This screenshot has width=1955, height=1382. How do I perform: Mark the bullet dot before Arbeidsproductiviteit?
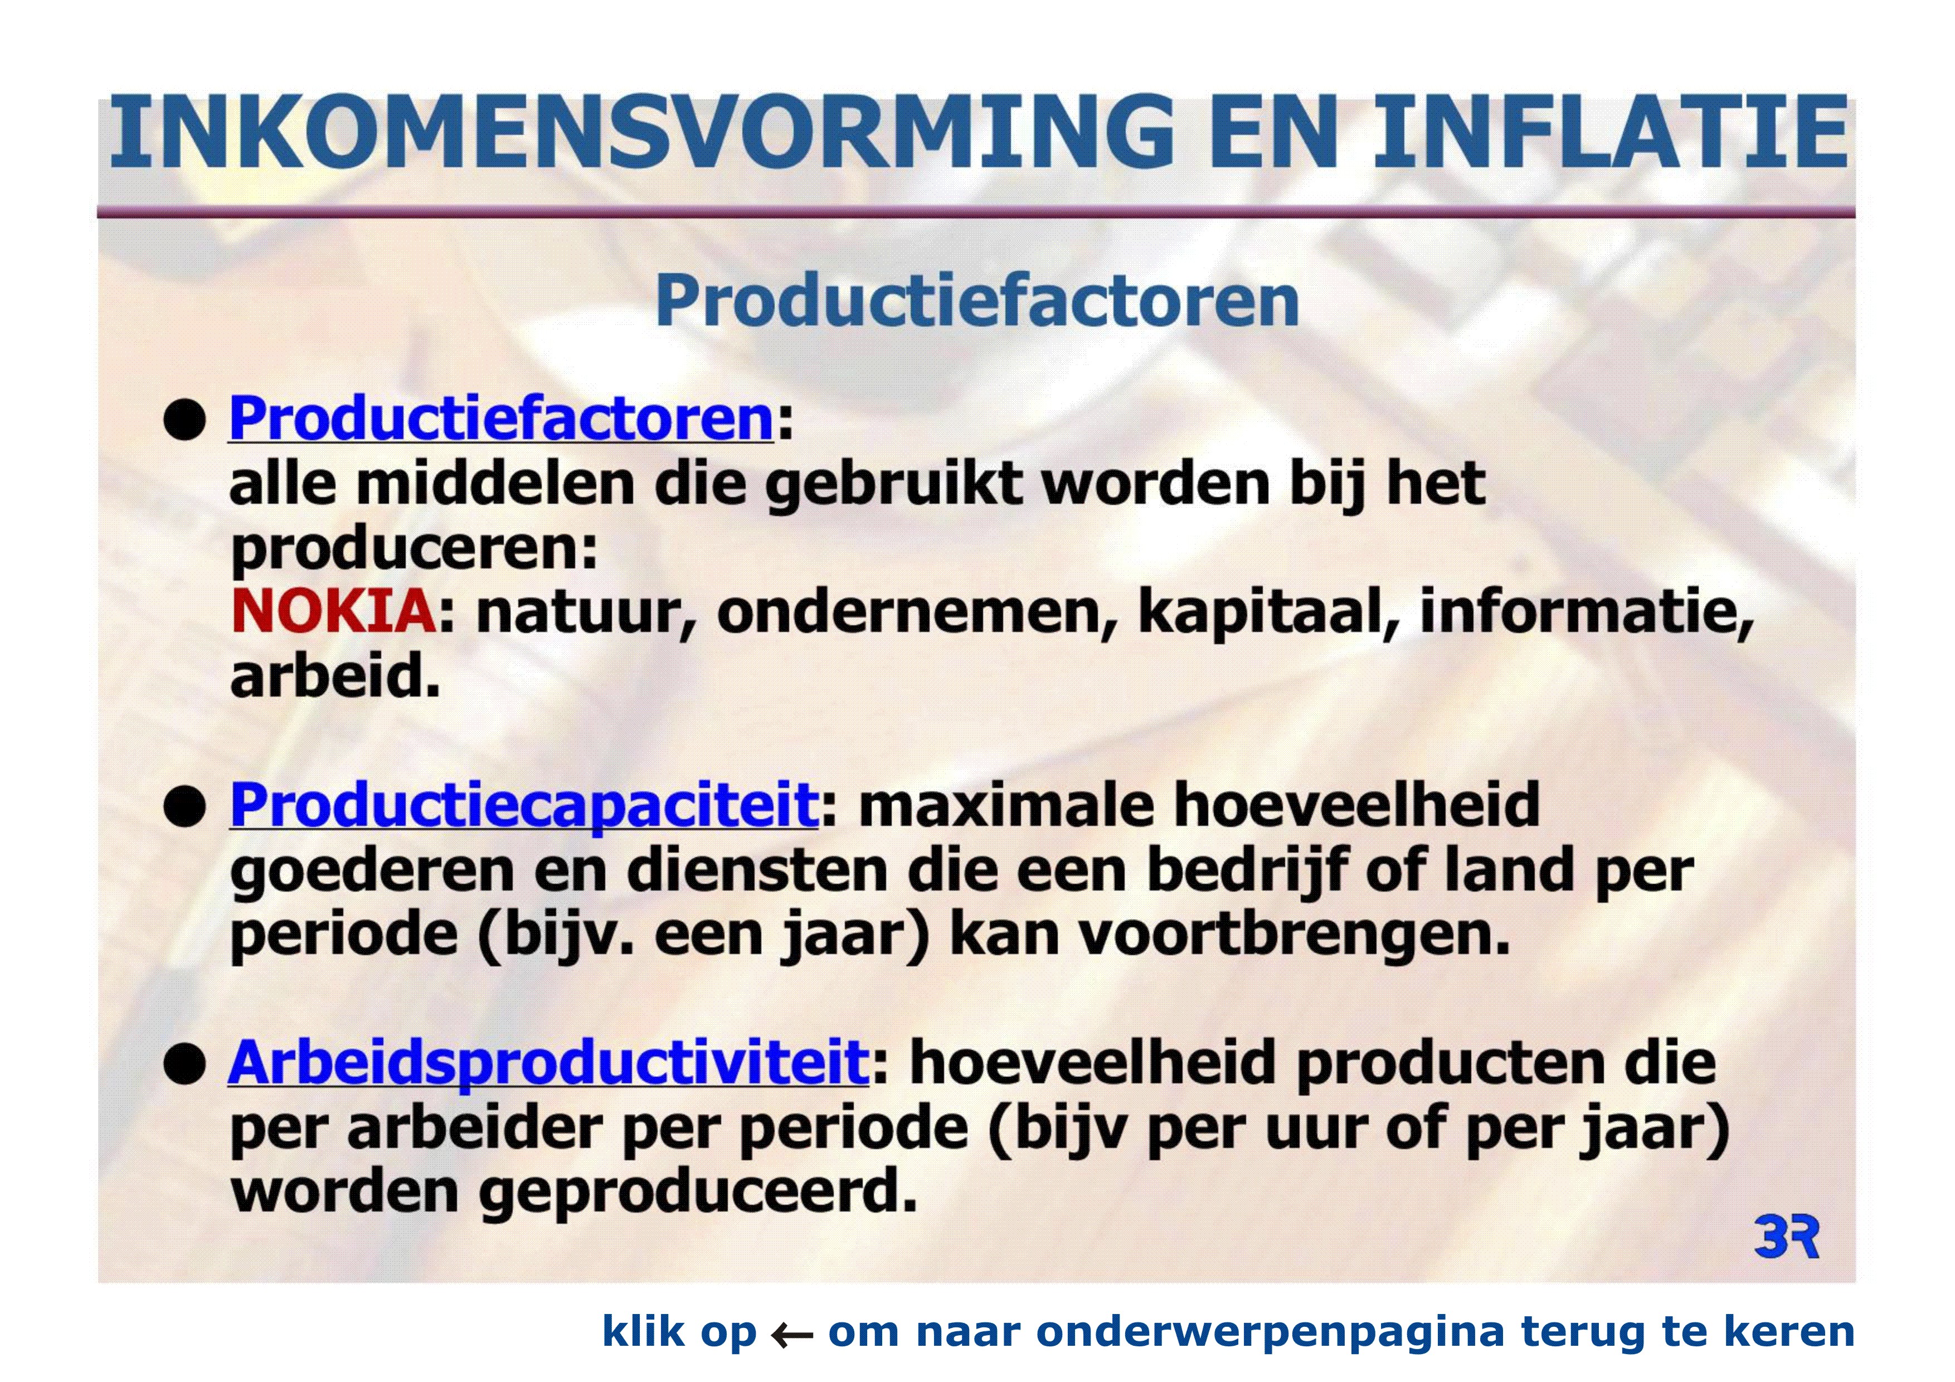pos(185,1064)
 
